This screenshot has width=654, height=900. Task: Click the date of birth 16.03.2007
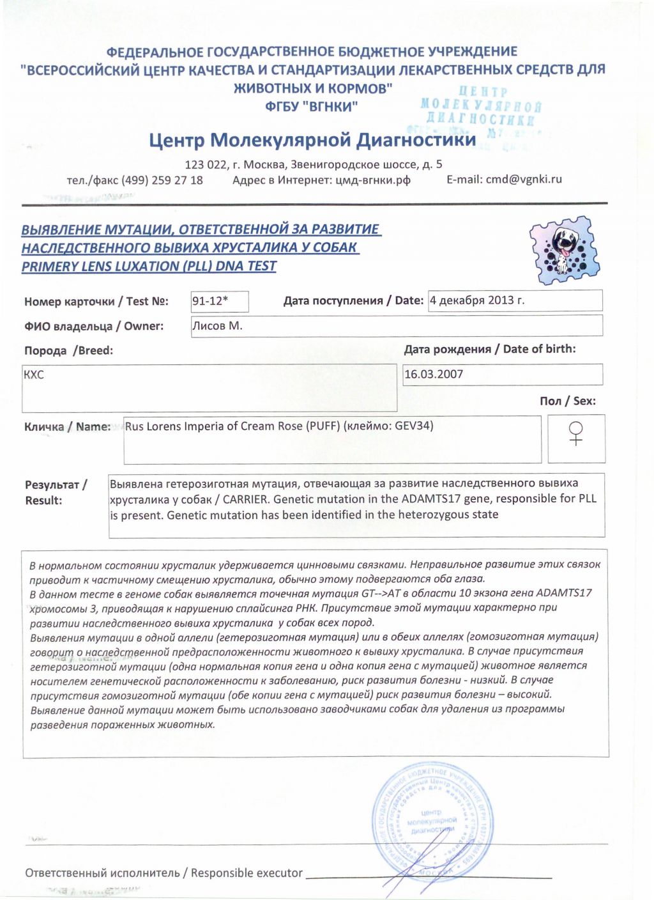tap(434, 374)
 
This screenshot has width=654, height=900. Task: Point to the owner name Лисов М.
tap(217, 326)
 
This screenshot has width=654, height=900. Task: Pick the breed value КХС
tap(34, 375)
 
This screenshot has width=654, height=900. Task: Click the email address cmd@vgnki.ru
tap(524, 179)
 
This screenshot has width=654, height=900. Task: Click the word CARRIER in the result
tap(245, 499)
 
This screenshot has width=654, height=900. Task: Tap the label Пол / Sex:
tap(567, 401)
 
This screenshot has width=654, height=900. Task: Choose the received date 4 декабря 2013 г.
tap(477, 300)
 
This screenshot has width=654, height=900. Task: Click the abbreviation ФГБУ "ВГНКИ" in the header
tap(311, 107)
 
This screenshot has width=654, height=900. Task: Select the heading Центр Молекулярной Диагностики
tap(312, 140)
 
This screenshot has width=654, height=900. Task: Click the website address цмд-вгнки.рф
tap(372, 180)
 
